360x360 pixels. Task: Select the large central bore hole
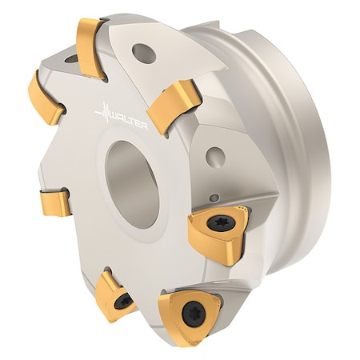(131, 172)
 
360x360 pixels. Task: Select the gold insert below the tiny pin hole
(216, 232)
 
